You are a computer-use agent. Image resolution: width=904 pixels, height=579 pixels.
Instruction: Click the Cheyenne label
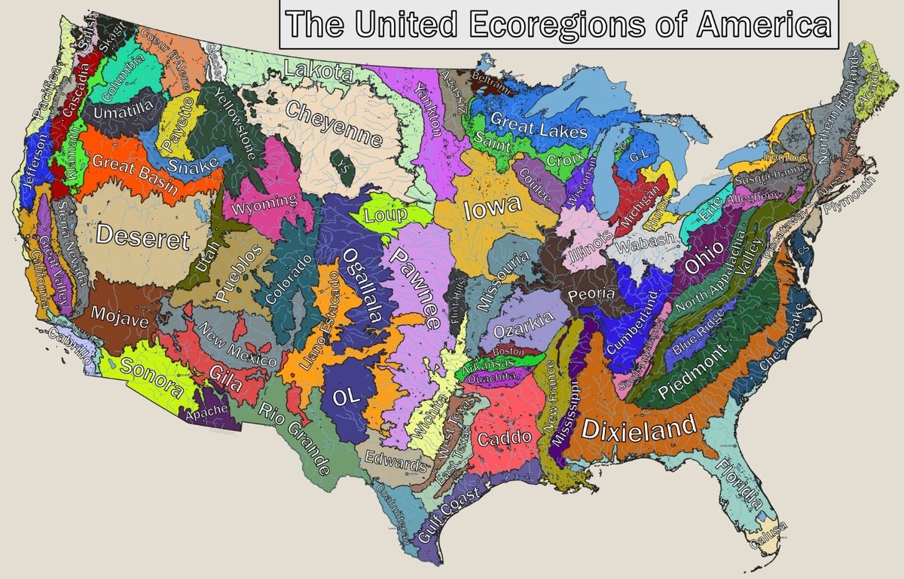coord(334,124)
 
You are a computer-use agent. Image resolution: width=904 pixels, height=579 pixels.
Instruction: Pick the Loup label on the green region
coord(386,215)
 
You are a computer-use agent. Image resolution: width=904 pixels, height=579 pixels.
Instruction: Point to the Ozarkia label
coord(523,326)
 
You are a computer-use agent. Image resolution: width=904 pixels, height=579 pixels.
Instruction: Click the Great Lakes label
coord(539,124)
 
